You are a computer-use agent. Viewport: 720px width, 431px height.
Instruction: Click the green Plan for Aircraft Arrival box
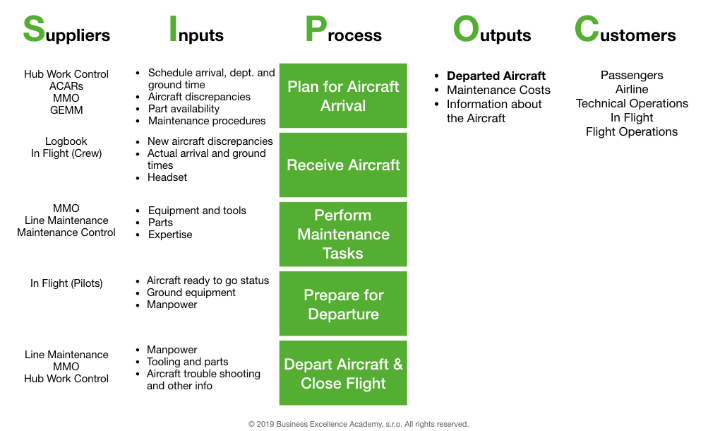pos(343,96)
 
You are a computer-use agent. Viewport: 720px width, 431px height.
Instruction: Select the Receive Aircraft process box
pos(343,165)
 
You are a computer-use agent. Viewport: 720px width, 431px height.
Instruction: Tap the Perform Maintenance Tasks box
pos(343,234)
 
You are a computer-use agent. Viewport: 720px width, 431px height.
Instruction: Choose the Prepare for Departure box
pos(343,304)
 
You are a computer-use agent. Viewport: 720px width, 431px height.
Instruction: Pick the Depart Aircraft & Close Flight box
pos(343,373)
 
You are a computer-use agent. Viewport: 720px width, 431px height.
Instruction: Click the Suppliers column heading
pos(66,31)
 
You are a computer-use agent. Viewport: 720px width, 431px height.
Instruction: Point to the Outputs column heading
pos(492,31)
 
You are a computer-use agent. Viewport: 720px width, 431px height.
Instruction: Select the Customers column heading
pos(625,31)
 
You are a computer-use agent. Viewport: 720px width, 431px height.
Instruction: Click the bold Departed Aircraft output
pos(496,76)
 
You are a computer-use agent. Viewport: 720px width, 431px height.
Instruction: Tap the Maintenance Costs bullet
pos(498,90)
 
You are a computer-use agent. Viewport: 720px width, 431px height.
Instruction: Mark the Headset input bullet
pos(167,177)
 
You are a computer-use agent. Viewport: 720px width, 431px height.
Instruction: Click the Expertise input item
pos(170,235)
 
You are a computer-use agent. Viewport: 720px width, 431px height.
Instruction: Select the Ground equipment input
pos(191,293)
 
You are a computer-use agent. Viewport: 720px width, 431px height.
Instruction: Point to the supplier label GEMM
pos(66,110)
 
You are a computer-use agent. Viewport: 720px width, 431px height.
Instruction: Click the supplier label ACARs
pos(66,86)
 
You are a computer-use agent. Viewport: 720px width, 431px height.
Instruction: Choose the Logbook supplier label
pos(66,141)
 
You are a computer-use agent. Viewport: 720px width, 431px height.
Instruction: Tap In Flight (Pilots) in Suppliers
pos(66,283)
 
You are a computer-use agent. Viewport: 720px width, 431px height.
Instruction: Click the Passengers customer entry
pos(632,75)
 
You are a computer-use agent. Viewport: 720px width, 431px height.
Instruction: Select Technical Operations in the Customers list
pos(632,103)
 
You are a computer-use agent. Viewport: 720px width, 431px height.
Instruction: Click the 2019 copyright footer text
pos(359,424)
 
